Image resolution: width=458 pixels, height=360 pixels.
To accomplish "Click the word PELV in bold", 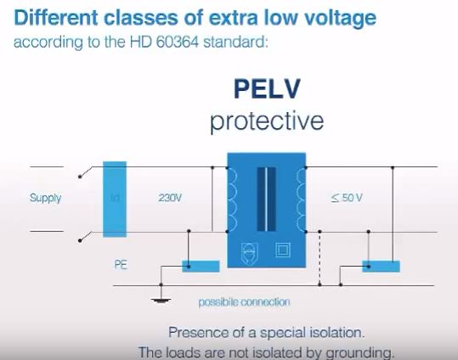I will click(x=266, y=91).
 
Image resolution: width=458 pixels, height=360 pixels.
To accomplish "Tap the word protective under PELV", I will click(x=267, y=121).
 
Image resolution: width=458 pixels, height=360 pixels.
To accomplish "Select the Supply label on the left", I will click(x=46, y=199).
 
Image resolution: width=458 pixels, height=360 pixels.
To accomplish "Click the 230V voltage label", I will click(x=171, y=199).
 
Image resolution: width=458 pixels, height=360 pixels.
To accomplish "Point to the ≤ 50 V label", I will click(x=347, y=199).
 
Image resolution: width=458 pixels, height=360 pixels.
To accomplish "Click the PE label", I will click(x=121, y=264).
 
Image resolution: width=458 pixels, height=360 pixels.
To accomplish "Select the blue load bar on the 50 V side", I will click(x=382, y=266).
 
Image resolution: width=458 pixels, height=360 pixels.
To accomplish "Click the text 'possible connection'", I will click(x=244, y=302).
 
